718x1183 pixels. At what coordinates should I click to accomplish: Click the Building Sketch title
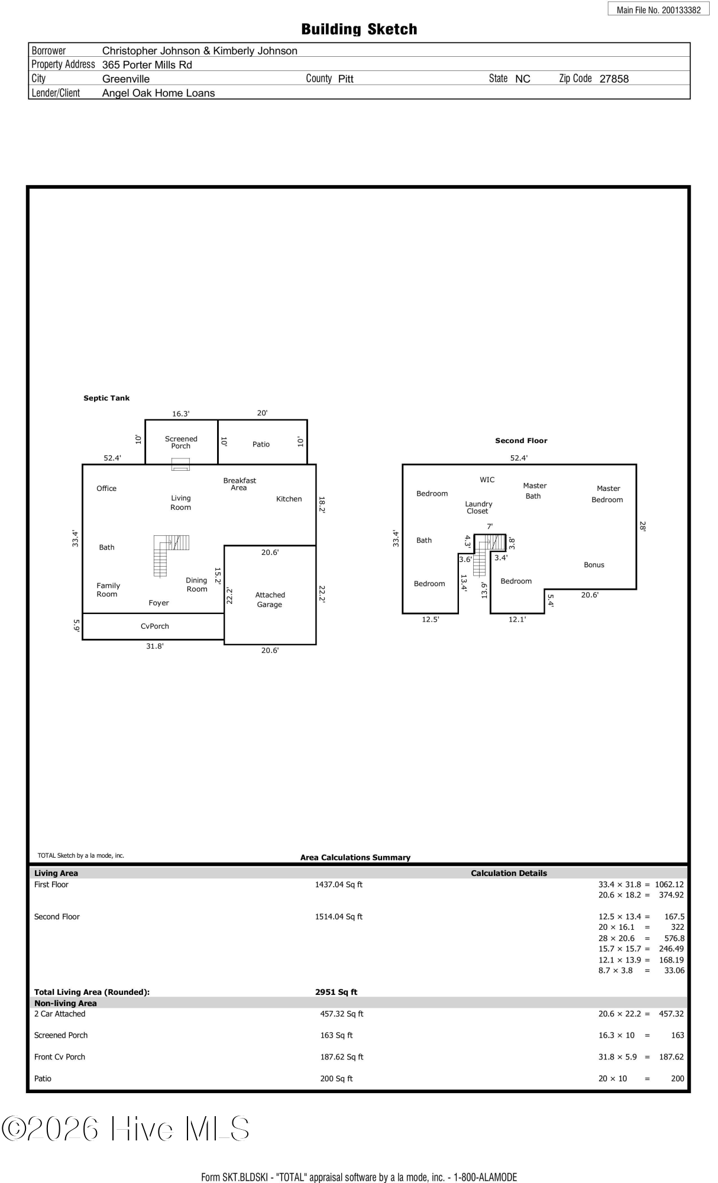(359, 30)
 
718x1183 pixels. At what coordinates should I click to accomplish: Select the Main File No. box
(658, 9)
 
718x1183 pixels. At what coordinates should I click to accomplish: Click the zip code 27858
(614, 79)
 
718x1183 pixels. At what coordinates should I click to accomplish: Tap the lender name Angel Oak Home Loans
(159, 93)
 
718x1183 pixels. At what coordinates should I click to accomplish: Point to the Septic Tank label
(106, 398)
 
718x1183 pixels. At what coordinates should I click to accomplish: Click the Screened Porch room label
(181, 442)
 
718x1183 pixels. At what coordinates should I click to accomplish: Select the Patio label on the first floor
(261, 444)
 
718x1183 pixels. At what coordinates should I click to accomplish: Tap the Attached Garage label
(270, 600)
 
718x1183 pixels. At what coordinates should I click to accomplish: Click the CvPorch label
(155, 626)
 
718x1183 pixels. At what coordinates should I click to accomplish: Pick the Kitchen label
(289, 499)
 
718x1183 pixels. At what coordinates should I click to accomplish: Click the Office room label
(106, 489)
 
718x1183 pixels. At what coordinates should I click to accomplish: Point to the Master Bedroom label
(607, 494)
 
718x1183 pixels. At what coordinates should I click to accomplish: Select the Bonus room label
(594, 565)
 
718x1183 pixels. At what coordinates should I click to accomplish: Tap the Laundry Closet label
(478, 508)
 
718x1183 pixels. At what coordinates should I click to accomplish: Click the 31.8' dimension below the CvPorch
(155, 647)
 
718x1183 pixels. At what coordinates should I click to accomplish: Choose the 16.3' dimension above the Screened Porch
(181, 414)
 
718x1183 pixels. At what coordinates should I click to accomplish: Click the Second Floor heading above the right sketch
(521, 441)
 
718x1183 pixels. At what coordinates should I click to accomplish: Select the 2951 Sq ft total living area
(336, 992)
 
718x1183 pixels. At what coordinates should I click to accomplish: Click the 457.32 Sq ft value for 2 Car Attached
(342, 1014)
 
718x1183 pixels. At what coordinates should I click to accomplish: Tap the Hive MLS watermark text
(125, 1129)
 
